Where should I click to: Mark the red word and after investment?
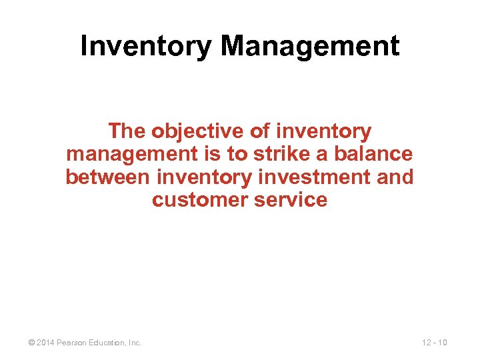[394, 177]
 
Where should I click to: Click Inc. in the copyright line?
[135, 343]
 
